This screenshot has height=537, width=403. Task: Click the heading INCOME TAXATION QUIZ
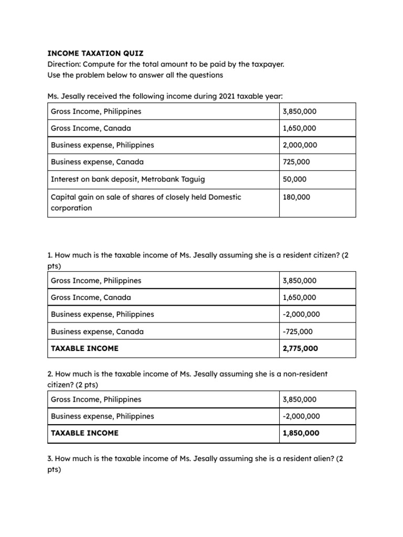(x=95, y=53)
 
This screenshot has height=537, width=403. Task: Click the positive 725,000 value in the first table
(x=297, y=162)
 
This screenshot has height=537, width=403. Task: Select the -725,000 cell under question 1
(x=298, y=331)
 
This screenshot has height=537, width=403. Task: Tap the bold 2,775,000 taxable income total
(x=301, y=348)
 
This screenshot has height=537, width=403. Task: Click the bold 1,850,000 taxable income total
(x=301, y=433)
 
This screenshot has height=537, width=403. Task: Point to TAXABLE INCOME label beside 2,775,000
(x=84, y=348)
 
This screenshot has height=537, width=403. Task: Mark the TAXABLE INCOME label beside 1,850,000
(x=84, y=433)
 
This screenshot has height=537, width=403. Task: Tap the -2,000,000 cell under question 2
(x=302, y=416)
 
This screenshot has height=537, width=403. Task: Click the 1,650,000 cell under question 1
(x=300, y=297)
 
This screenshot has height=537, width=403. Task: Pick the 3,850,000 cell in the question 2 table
(x=300, y=399)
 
